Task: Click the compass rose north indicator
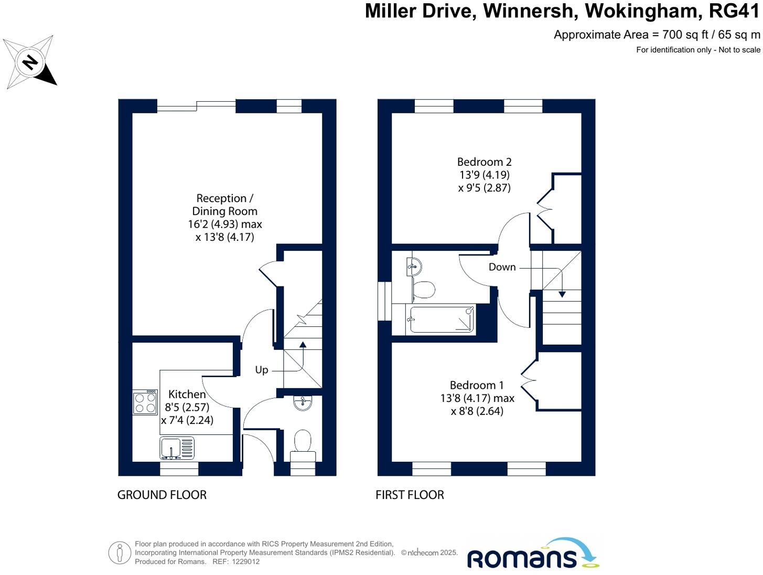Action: (30, 62)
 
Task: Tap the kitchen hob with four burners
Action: (145, 402)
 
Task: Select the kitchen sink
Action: (177, 449)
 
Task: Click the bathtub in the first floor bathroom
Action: (442, 319)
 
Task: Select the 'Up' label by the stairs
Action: (261, 370)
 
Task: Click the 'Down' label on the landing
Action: (502, 267)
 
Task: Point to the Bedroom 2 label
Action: (484, 162)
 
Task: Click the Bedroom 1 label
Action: (477, 386)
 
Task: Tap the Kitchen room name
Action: (187, 394)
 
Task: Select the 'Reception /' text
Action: (224, 198)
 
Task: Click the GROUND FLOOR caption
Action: (162, 495)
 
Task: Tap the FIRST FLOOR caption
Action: (410, 495)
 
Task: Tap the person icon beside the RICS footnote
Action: (120, 552)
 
